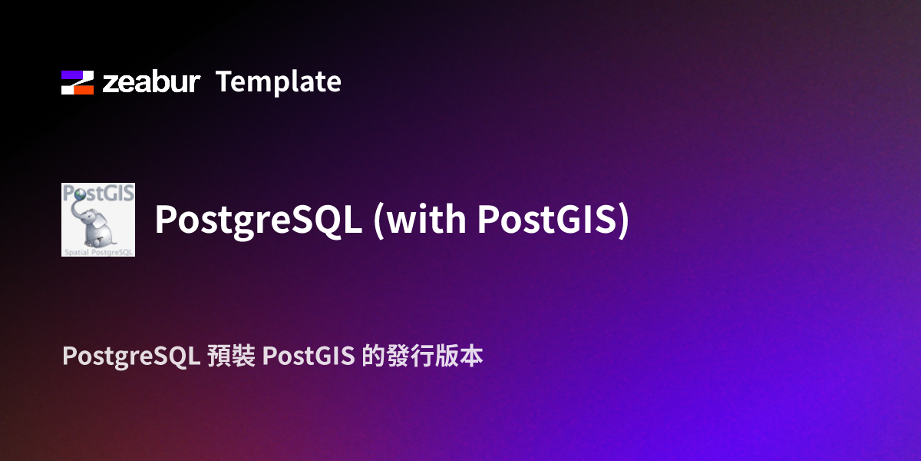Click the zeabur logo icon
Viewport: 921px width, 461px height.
pos(78,82)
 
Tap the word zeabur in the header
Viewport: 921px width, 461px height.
pos(151,82)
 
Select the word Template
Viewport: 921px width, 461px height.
pos(278,81)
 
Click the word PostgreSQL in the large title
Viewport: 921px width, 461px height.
pos(258,221)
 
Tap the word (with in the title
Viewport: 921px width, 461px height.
pos(419,221)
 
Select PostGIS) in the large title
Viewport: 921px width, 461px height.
pos(553,221)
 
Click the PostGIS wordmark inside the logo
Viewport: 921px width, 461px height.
pos(98,192)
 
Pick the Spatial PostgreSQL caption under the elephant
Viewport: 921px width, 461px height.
pos(98,251)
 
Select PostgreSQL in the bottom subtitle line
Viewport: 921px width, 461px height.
pos(131,357)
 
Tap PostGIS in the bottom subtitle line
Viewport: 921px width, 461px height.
pos(307,357)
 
